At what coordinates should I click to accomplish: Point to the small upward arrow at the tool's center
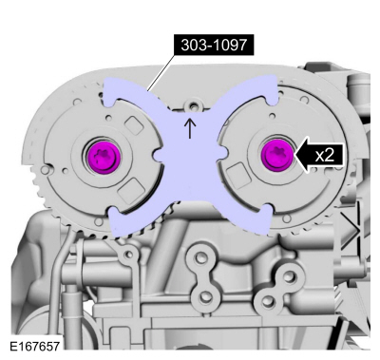pyautogui.click(x=190, y=126)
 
